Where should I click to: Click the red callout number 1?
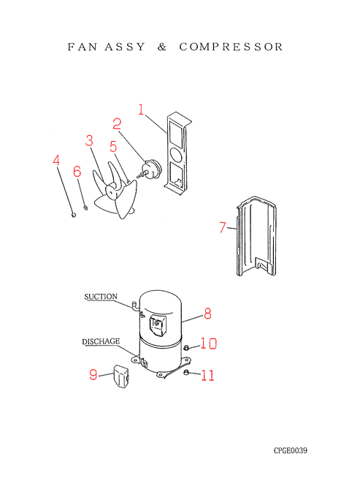141,110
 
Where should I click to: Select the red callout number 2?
117,124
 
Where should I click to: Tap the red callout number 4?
56,160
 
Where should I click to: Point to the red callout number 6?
77,172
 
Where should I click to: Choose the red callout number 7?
223,227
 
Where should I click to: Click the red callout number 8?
207,314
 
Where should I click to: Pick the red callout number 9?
93,374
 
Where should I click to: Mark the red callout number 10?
208,344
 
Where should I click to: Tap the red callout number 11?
207,375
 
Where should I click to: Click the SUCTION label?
101,297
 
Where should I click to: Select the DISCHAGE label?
101,342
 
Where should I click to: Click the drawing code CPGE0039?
291,450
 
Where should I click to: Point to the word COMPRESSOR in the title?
231,47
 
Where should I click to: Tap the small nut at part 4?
74,215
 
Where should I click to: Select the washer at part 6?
85,208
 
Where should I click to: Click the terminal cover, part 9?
121,376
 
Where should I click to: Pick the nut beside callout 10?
186,348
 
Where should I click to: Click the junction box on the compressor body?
157,325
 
